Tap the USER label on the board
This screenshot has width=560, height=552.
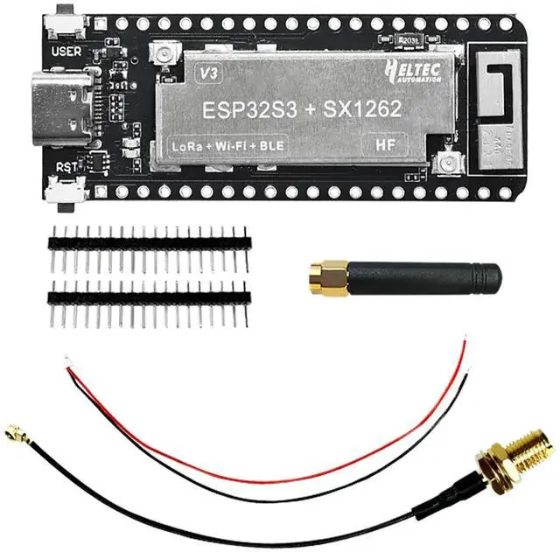pyautogui.click(x=66, y=52)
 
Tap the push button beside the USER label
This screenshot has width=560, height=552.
pyautogui.click(x=65, y=21)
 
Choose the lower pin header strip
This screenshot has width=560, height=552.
pyautogui.click(x=150, y=297)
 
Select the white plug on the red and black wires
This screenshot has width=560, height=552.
pyautogui.click(x=67, y=359)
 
